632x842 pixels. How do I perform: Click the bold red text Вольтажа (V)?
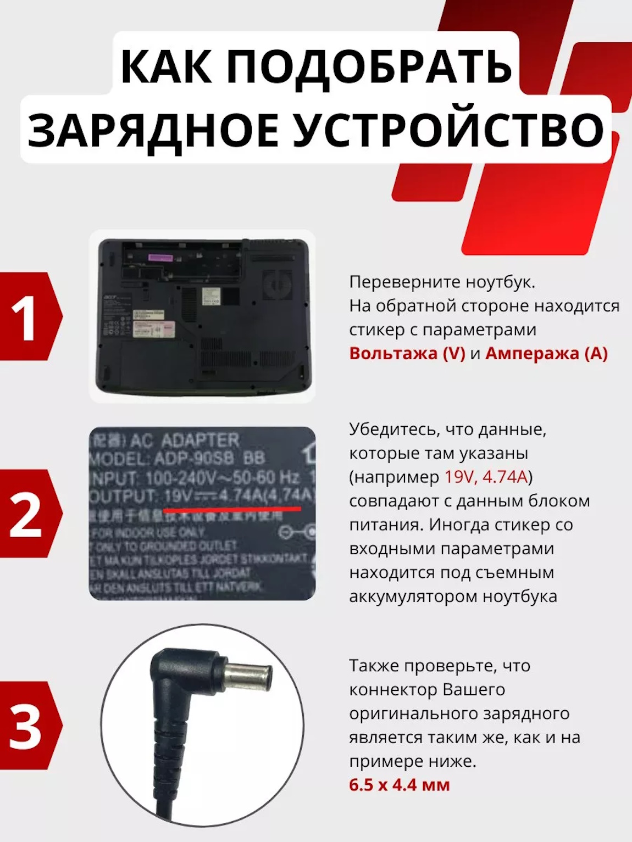click(x=407, y=353)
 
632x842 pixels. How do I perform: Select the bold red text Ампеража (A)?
click(x=546, y=353)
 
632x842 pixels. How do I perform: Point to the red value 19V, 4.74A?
click(x=486, y=477)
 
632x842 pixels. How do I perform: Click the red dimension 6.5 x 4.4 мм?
click(x=400, y=785)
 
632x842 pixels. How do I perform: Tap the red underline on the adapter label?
click(x=232, y=510)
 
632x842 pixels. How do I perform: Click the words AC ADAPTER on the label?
click(x=184, y=440)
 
